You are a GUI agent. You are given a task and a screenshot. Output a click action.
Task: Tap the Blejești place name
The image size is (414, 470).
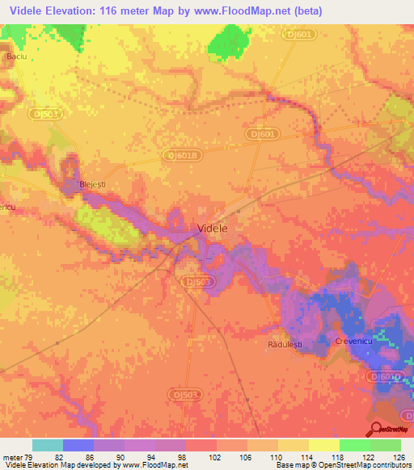93,185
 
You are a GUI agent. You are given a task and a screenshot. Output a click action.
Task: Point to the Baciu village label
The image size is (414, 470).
17,57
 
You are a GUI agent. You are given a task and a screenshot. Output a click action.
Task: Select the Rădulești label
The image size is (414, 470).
284,344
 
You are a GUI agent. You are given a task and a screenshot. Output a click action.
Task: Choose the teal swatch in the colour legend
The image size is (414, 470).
48,446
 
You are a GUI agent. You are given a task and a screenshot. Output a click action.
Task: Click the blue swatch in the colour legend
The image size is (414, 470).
78,446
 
